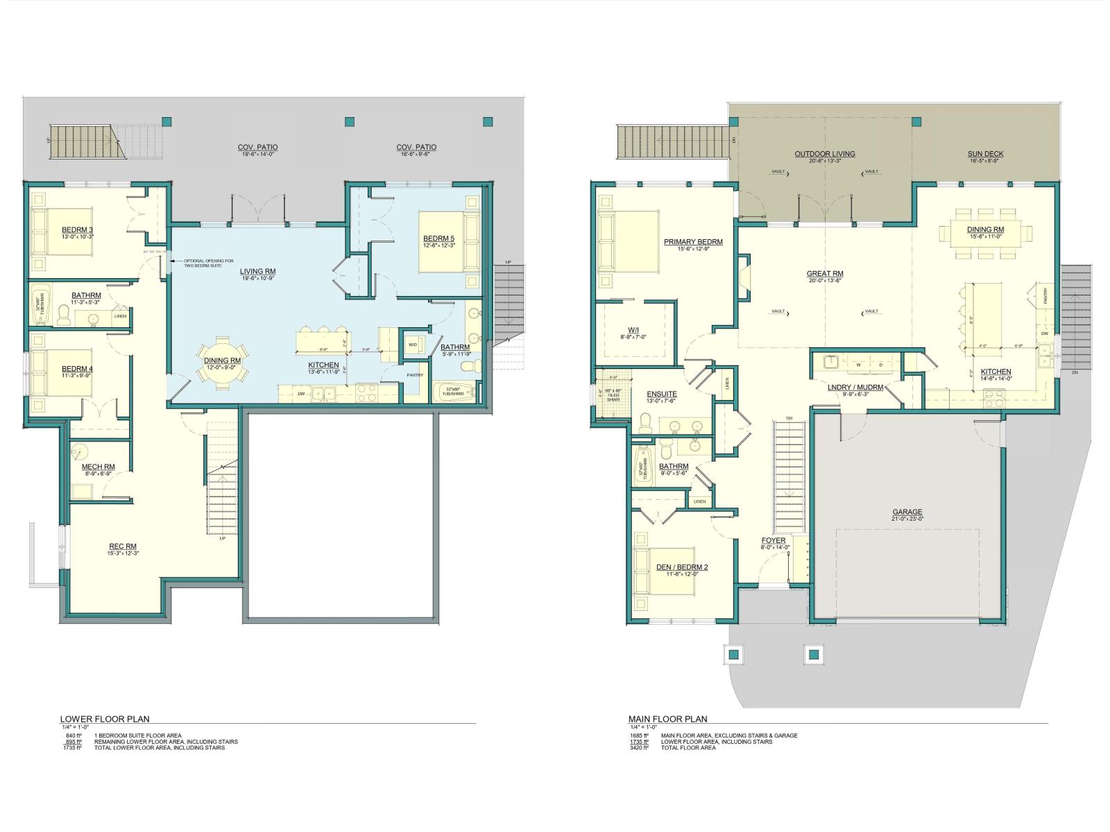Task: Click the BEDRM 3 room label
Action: (77, 230)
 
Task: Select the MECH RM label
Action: (98, 467)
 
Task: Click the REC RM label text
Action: (123, 546)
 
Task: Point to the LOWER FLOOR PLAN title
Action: (104, 719)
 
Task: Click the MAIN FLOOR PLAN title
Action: (667, 719)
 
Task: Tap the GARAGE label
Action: (907, 512)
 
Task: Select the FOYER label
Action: (774, 540)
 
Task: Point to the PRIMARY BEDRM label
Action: (693, 242)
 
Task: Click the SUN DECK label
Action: (985, 154)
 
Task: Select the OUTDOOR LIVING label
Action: (825, 154)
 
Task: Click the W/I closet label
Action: (633, 330)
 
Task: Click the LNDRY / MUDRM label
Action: (855, 387)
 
